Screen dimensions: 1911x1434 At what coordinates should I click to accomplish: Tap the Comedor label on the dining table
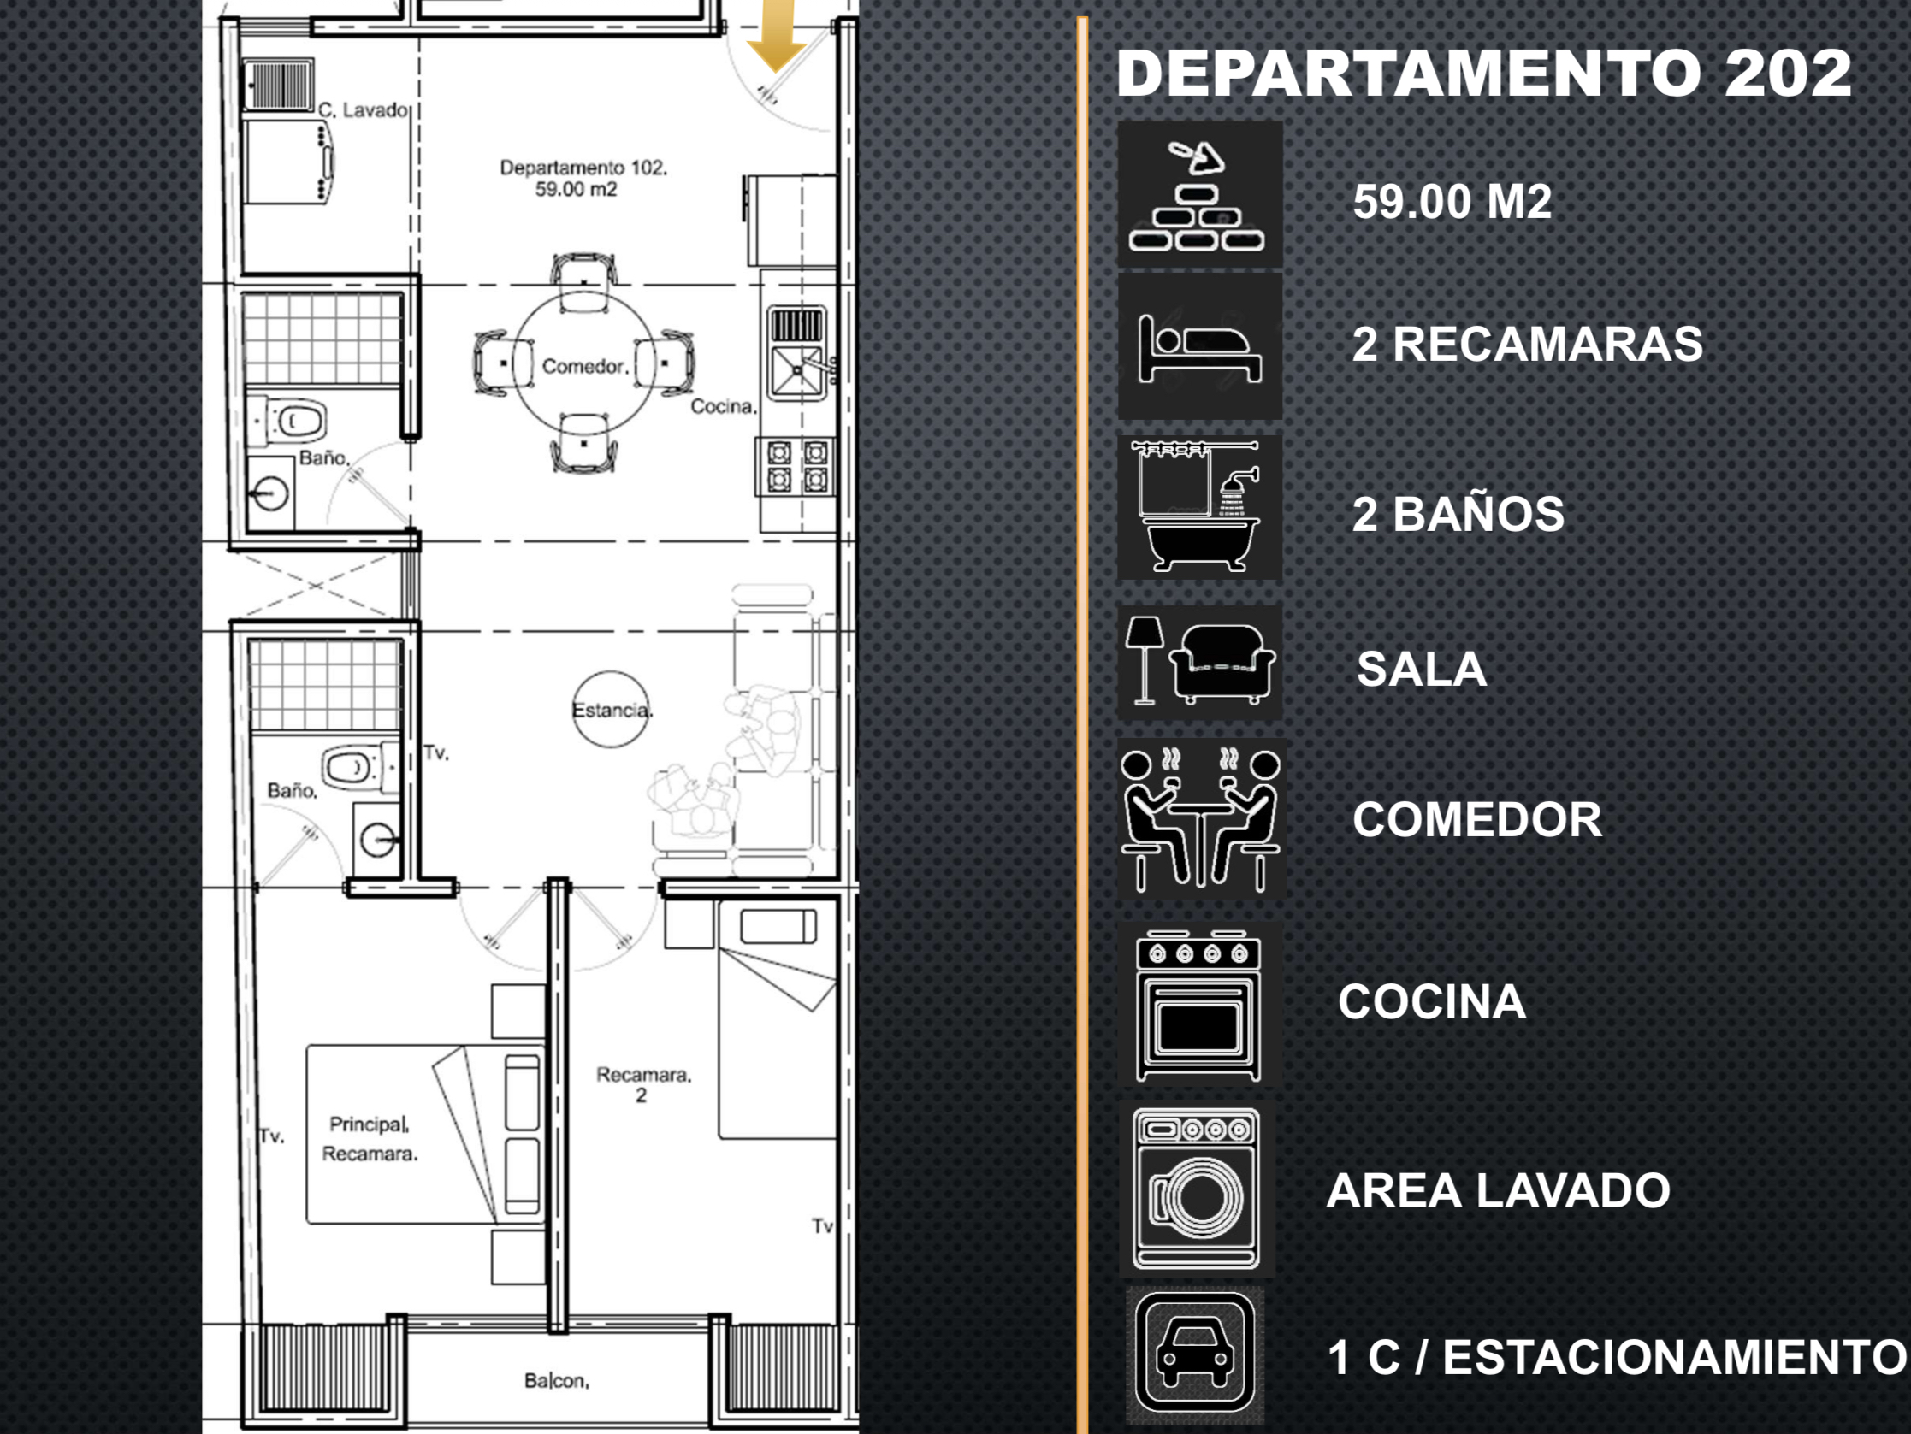584,366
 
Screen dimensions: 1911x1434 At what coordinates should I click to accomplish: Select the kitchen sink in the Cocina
796,353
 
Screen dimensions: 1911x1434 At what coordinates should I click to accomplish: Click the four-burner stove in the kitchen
796,467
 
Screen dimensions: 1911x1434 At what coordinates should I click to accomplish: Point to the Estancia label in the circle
612,710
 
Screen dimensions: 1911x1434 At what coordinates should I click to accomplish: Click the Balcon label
556,1380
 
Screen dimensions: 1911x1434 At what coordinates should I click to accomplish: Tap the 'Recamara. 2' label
642,1085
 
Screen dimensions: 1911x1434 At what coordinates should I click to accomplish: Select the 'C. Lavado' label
363,109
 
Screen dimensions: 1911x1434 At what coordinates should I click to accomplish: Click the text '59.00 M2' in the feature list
1452,201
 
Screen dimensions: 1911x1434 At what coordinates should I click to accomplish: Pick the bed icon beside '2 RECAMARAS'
1199,347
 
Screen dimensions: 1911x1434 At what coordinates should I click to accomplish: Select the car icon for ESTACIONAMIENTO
1196,1353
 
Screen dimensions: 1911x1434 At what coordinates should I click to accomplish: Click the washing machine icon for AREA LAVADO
1197,1189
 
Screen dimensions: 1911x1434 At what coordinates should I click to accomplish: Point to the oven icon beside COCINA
1198,1006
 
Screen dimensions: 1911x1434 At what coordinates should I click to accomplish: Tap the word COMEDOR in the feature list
1477,819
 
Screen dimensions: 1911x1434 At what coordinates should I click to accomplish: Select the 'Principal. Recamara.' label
370,1138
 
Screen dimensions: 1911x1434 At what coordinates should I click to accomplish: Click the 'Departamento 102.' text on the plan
584,167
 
